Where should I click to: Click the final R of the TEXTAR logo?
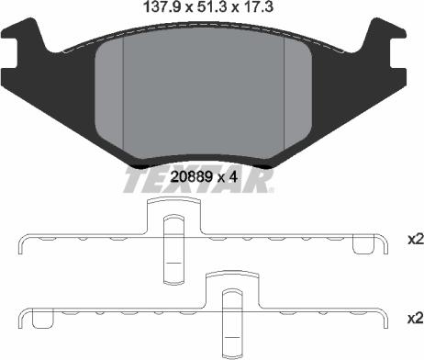click(263, 181)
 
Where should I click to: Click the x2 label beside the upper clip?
click(415, 241)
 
